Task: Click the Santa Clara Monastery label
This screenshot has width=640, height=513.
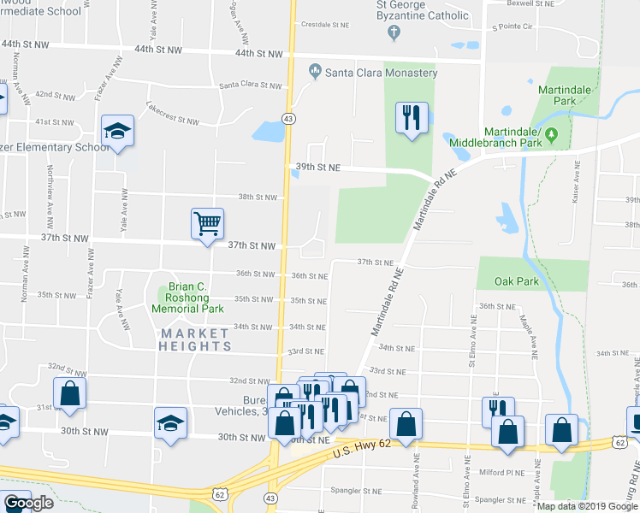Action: (381, 73)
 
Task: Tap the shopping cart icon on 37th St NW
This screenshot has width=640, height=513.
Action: (208, 224)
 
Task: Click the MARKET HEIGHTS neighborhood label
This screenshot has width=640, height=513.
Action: (195, 339)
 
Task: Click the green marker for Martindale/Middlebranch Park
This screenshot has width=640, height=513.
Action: (552, 134)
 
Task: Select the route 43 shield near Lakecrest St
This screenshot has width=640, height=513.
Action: (290, 118)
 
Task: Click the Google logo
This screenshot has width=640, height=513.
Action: (27, 503)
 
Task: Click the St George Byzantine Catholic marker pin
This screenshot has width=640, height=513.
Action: (394, 33)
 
